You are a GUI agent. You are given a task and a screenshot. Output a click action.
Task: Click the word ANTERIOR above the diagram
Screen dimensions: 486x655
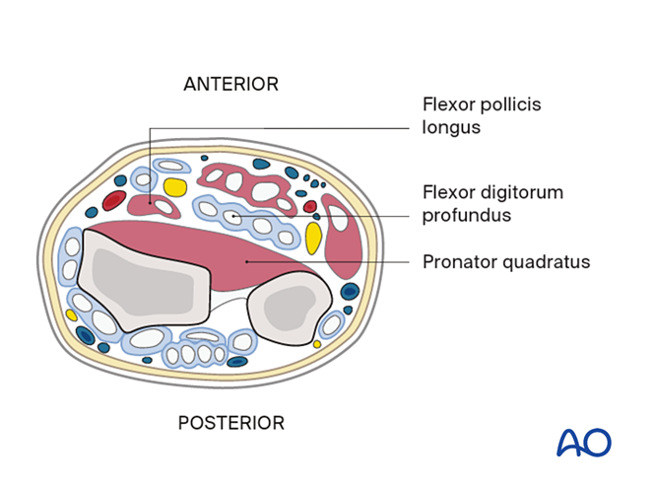(x=230, y=84)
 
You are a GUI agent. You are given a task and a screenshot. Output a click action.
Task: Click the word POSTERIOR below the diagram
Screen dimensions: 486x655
(x=230, y=423)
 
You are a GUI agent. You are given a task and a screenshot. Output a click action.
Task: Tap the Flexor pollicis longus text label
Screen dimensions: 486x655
(x=482, y=115)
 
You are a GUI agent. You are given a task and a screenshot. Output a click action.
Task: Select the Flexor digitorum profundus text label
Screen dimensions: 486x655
(x=492, y=202)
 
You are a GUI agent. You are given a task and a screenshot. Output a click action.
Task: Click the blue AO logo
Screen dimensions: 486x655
(x=584, y=442)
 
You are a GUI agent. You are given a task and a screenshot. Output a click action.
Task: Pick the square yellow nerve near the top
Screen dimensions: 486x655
(x=175, y=186)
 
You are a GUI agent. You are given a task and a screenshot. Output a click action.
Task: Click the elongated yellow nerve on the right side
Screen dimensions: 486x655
(x=313, y=238)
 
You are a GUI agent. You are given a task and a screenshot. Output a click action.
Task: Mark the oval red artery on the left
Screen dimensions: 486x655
(x=114, y=201)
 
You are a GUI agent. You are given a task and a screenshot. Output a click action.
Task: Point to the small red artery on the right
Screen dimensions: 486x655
(x=310, y=207)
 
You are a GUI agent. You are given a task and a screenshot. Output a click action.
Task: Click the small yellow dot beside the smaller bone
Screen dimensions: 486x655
(x=317, y=344)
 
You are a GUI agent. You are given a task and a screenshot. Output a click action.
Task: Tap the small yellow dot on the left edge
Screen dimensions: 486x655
(x=71, y=315)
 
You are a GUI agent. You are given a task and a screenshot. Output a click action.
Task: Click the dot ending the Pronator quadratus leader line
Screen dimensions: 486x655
(x=246, y=261)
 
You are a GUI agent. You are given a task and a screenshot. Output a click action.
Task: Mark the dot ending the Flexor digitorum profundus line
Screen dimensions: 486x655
(x=232, y=215)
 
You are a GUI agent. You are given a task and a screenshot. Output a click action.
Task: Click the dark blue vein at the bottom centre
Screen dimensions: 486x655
(x=237, y=361)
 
